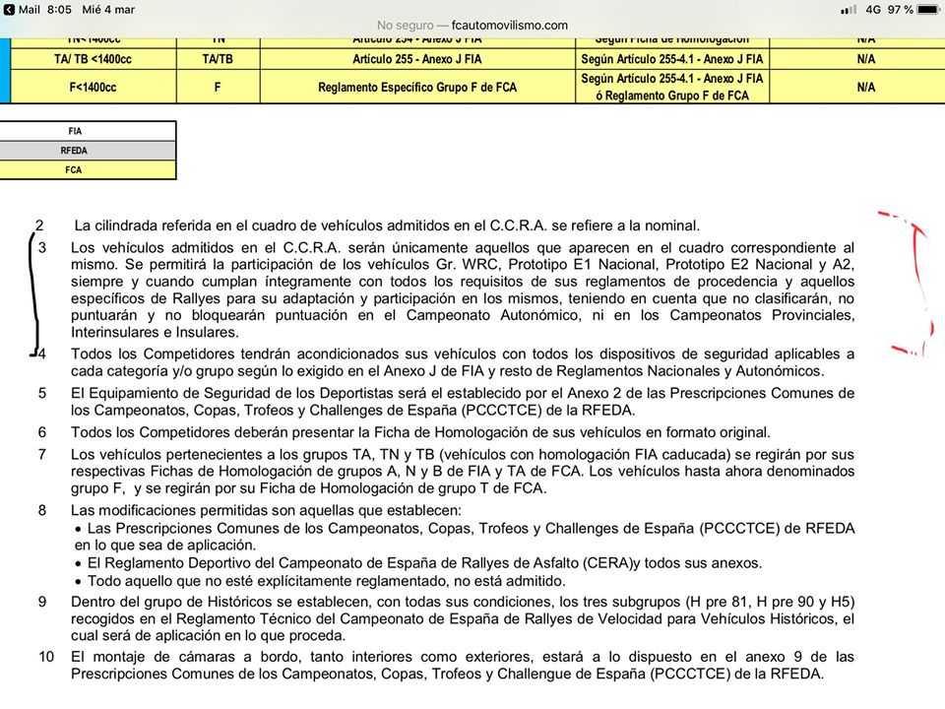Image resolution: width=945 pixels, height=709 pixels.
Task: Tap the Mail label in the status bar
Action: (x=28, y=10)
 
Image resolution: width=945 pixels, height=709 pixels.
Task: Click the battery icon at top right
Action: (x=928, y=10)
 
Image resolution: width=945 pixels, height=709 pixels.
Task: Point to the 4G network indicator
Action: (x=872, y=10)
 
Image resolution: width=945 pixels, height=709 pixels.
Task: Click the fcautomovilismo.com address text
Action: (x=507, y=26)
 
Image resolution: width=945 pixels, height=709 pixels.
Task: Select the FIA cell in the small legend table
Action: (x=75, y=131)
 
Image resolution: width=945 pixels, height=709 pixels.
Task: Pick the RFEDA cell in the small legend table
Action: (x=75, y=151)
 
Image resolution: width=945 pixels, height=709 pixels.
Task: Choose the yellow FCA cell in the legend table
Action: (x=75, y=170)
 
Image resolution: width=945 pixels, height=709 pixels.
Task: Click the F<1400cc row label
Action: (x=93, y=88)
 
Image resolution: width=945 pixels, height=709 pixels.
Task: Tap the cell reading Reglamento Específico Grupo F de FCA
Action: (x=417, y=88)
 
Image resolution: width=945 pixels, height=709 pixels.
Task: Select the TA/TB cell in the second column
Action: (x=218, y=59)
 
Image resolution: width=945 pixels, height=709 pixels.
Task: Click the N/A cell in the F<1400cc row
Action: (x=866, y=88)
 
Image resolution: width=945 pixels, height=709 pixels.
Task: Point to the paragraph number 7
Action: (x=42, y=454)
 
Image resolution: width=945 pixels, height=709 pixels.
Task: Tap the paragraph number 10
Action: (x=46, y=657)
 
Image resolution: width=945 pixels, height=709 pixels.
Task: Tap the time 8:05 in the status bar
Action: (x=60, y=10)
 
